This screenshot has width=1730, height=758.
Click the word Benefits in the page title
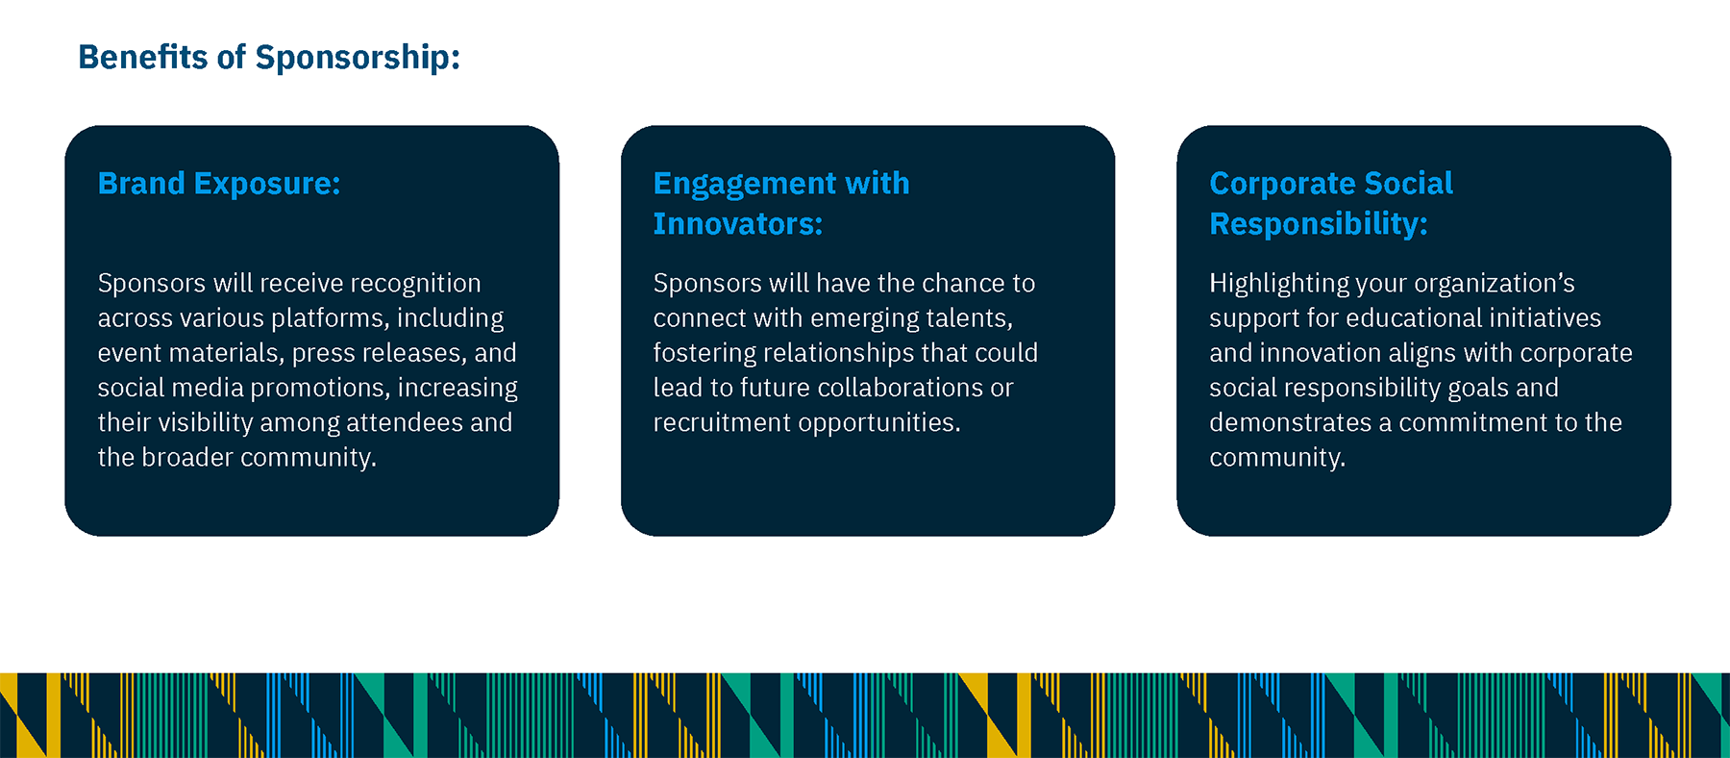pyautogui.click(x=143, y=57)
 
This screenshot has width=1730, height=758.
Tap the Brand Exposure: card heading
pyautogui.click(x=219, y=183)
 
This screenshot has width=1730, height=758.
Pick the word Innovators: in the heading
pyautogui.click(x=738, y=224)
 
